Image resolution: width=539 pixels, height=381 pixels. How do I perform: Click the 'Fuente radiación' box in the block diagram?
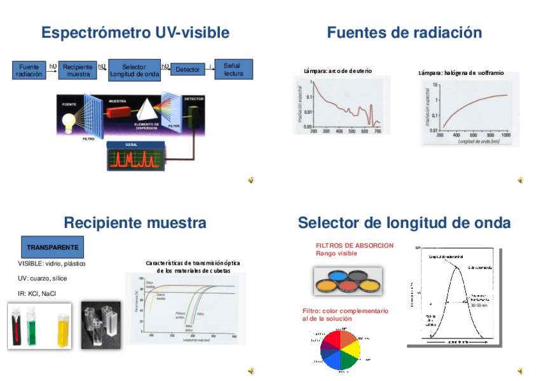(x=29, y=70)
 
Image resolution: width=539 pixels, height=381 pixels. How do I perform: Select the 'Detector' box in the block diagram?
(x=188, y=69)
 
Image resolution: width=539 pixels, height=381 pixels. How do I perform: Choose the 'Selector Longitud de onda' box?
(x=133, y=70)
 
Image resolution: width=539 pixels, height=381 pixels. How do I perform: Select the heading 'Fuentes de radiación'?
(x=404, y=32)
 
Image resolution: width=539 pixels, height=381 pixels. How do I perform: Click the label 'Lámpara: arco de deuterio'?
(x=338, y=70)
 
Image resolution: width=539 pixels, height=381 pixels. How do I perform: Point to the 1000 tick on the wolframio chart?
(x=506, y=135)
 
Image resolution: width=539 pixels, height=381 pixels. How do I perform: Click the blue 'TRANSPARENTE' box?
(x=53, y=246)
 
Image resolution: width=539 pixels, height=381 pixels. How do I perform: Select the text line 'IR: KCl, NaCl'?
(x=37, y=293)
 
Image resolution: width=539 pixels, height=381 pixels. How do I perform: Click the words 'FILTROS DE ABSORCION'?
(x=355, y=245)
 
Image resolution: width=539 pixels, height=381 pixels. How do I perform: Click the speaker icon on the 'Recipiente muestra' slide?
(x=251, y=370)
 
